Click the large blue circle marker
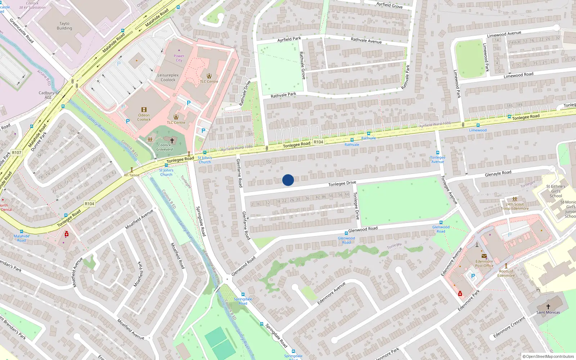(x=288, y=180)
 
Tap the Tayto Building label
(x=64, y=26)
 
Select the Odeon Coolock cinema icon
(x=144, y=109)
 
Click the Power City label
(x=179, y=58)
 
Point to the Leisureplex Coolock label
(x=168, y=77)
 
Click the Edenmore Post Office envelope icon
(x=484, y=256)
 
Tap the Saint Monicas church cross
(x=548, y=306)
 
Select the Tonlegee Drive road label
(x=342, y=184)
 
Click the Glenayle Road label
(x=498, y=174)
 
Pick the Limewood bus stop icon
(x=478, y=125)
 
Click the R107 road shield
(x=17, y=153)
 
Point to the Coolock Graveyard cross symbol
(x=172, y=140)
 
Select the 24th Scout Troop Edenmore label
(x=515, y=206)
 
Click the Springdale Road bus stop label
(x=243, y=301)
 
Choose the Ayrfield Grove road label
(x=390, y=5)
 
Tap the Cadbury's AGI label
(x=48, y=95)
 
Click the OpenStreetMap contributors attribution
(x=548, y=356)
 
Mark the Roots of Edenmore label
(x=506, y=273)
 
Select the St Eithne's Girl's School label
(x=555, y=191)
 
